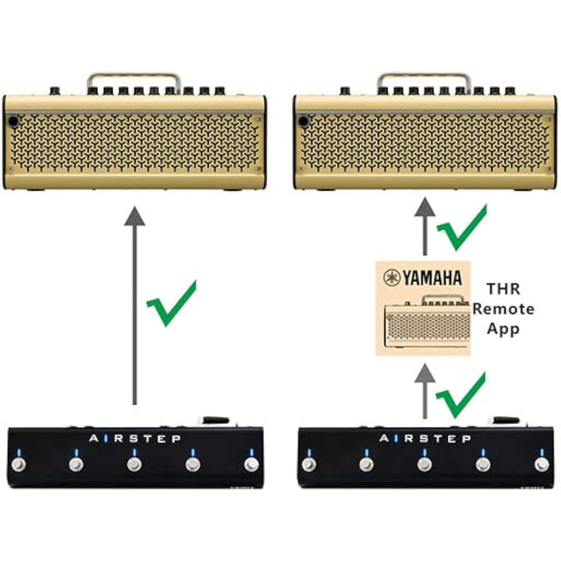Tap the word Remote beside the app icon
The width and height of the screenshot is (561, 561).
point(503,309)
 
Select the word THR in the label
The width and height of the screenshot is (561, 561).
point(503,289)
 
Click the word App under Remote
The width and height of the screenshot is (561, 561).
point(503,330)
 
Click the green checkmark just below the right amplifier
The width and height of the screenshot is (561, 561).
point(462,227)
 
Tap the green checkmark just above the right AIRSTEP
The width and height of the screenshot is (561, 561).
point(460,395)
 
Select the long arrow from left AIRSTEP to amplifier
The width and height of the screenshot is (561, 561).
point(135,306)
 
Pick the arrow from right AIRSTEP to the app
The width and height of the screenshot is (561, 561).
point(425,391)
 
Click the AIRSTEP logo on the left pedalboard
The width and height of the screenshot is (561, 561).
point(135,439)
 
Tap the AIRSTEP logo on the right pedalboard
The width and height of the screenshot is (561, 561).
point(425,439)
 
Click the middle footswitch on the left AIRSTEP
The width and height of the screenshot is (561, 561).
point(134,465)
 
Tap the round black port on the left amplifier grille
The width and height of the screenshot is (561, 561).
point(13,122)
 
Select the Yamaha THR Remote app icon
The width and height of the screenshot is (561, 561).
point(423,309)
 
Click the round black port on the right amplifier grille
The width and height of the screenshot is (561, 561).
point(303,121)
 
